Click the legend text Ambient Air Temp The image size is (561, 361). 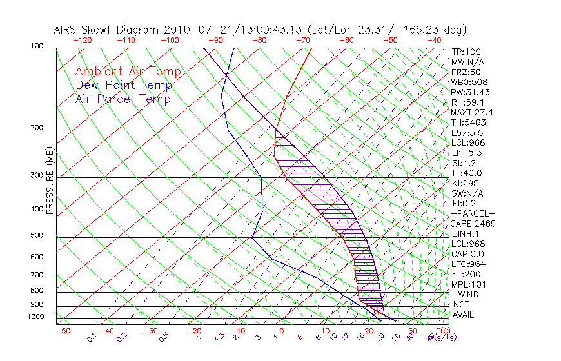(x=128, y=72)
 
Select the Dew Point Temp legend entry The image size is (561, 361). (x=124, y=85)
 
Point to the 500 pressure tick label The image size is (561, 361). (x=37, y=236)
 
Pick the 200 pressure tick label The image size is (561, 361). (x=37, y=128)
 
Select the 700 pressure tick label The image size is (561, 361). (x=37, y=276)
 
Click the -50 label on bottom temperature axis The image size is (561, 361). (x=63, y=331)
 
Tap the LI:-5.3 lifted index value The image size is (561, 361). (x=466, y=153)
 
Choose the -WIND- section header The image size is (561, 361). (x=468, y=294)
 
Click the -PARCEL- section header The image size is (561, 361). (x=473, y=213)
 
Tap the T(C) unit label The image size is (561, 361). (x=438, y=330)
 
